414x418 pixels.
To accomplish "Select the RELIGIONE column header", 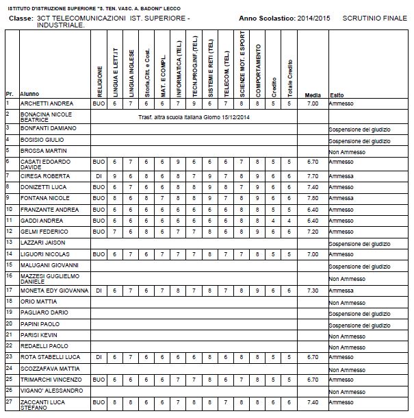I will pos(100,80).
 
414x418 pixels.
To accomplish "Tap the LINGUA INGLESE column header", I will pos(130,69).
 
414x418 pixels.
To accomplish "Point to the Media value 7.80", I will pos(313,197).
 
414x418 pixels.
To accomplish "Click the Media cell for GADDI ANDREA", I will pos(313,221).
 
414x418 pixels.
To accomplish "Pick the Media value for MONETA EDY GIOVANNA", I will pos(313,291).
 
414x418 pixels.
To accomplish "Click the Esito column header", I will pos(336,95).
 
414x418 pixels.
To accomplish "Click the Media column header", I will pos(313,95).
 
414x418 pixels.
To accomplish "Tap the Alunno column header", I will pos(29,95).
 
